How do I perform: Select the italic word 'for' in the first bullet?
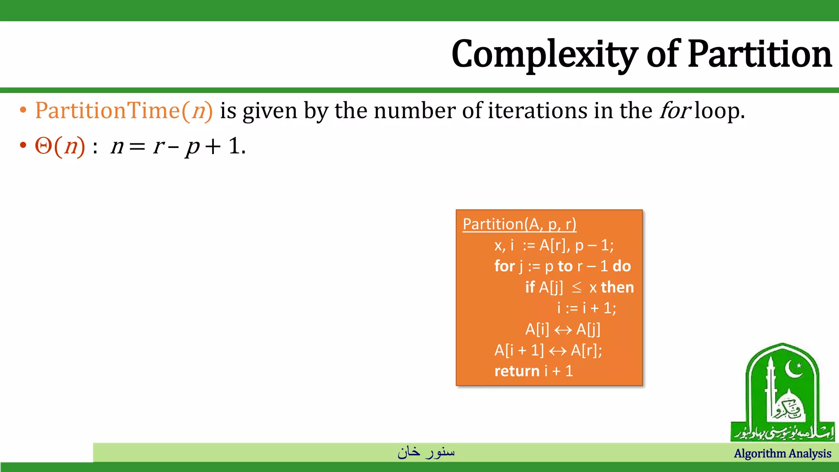(675, 111)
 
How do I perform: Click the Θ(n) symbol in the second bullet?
(60, 146)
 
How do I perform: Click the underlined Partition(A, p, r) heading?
(519, 224)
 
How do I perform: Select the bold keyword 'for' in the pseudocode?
(504, 266)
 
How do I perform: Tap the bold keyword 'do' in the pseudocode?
(621, 266)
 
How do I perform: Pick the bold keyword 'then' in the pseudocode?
(617, 287)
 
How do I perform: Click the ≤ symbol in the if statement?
(576, 287)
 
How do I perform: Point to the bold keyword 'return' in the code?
(517, 371)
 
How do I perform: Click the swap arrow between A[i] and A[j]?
(563, 330)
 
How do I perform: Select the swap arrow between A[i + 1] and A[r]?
(558, 351)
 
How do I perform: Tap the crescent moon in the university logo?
(794, 369)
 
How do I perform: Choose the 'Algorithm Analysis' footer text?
(782, 454)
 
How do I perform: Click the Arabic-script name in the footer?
(426, 452)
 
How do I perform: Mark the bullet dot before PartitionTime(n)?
(23, 110)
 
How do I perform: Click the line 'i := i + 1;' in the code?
(586, 308)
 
